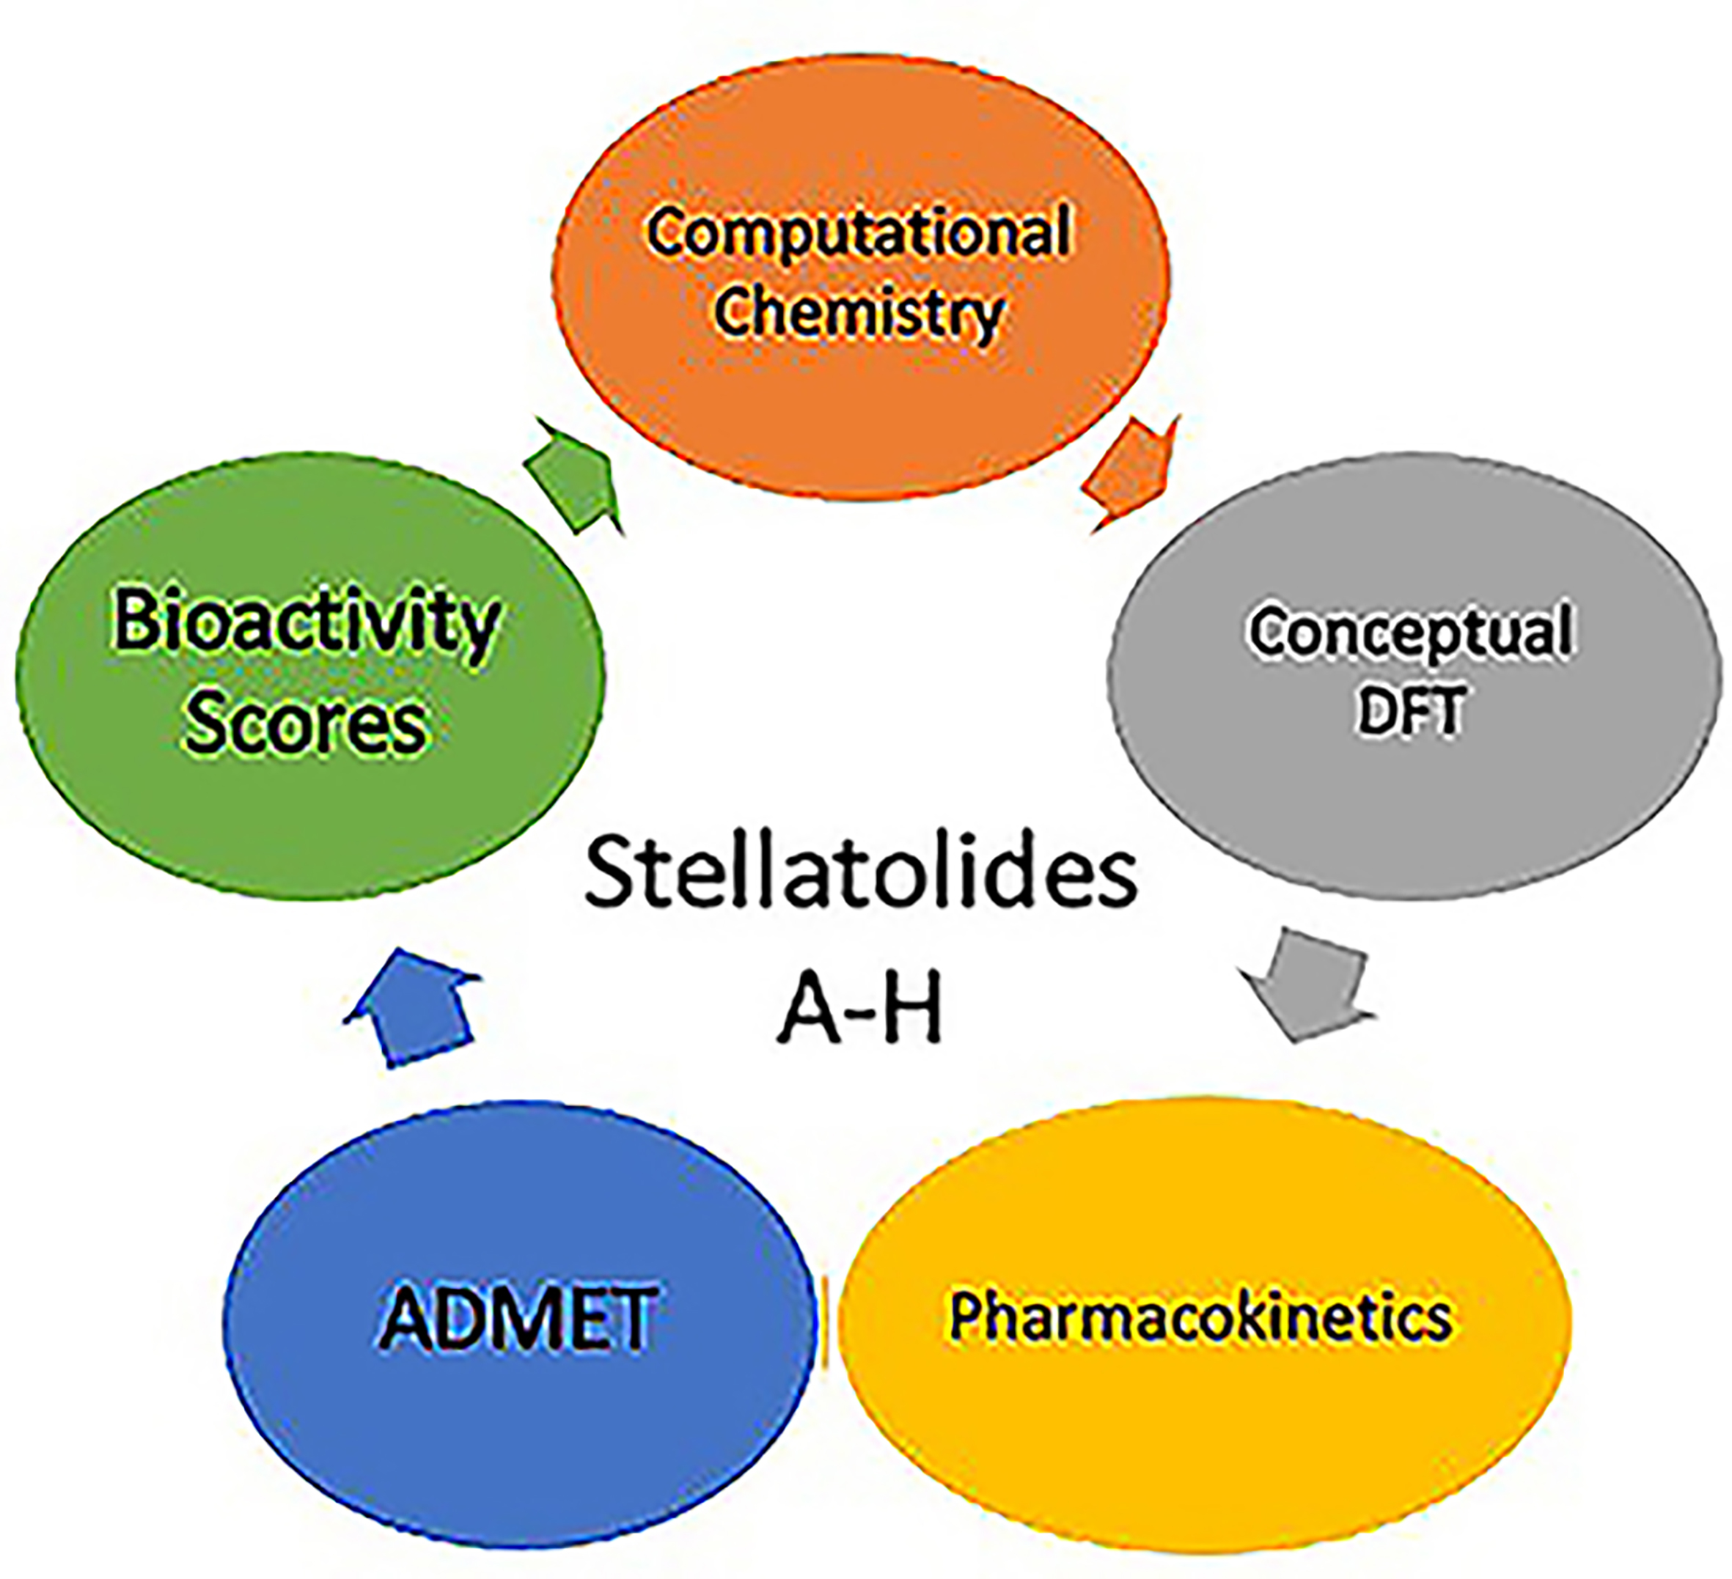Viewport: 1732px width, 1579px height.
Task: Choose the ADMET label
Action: pyautogui.click(x=518, y=1319)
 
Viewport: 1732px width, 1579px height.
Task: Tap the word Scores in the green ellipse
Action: pyautogui.click(x=306, y=724)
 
